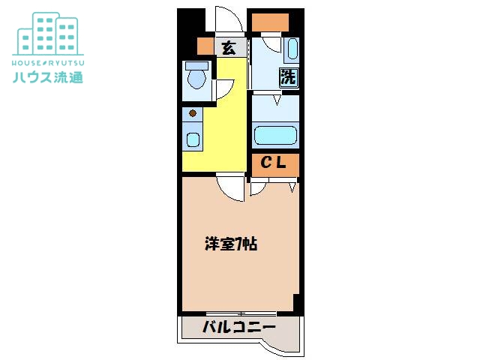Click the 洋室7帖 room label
coord(231,244)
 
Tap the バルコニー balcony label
coord(239,327)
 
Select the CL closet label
coord(273,162)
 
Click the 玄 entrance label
coord(229,48)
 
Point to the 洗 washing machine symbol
coord(289,76)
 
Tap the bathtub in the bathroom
coord(275,135)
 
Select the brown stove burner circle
coord(193,113)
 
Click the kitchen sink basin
coord(193,139)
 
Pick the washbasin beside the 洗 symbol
coord(292,48)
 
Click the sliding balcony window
coord(241,313)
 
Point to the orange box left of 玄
coord(205,46)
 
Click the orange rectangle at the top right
coord(270,22)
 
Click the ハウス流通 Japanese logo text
coord(48,76)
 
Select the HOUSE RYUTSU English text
coord(48,63)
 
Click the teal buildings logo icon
coord(48,34)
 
